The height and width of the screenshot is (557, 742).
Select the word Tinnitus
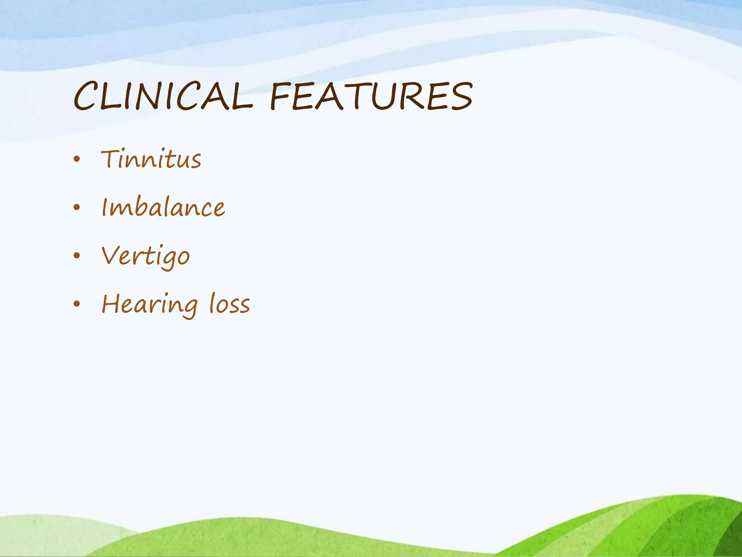click(151, 160)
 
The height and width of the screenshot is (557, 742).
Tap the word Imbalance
click(163, 207)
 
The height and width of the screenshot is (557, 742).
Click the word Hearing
click(150, 305)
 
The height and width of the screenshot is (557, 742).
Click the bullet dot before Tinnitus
click(76, 159)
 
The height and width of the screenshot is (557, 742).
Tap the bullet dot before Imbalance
click(76, 207)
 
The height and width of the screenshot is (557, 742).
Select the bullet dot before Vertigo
click(76, 256)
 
